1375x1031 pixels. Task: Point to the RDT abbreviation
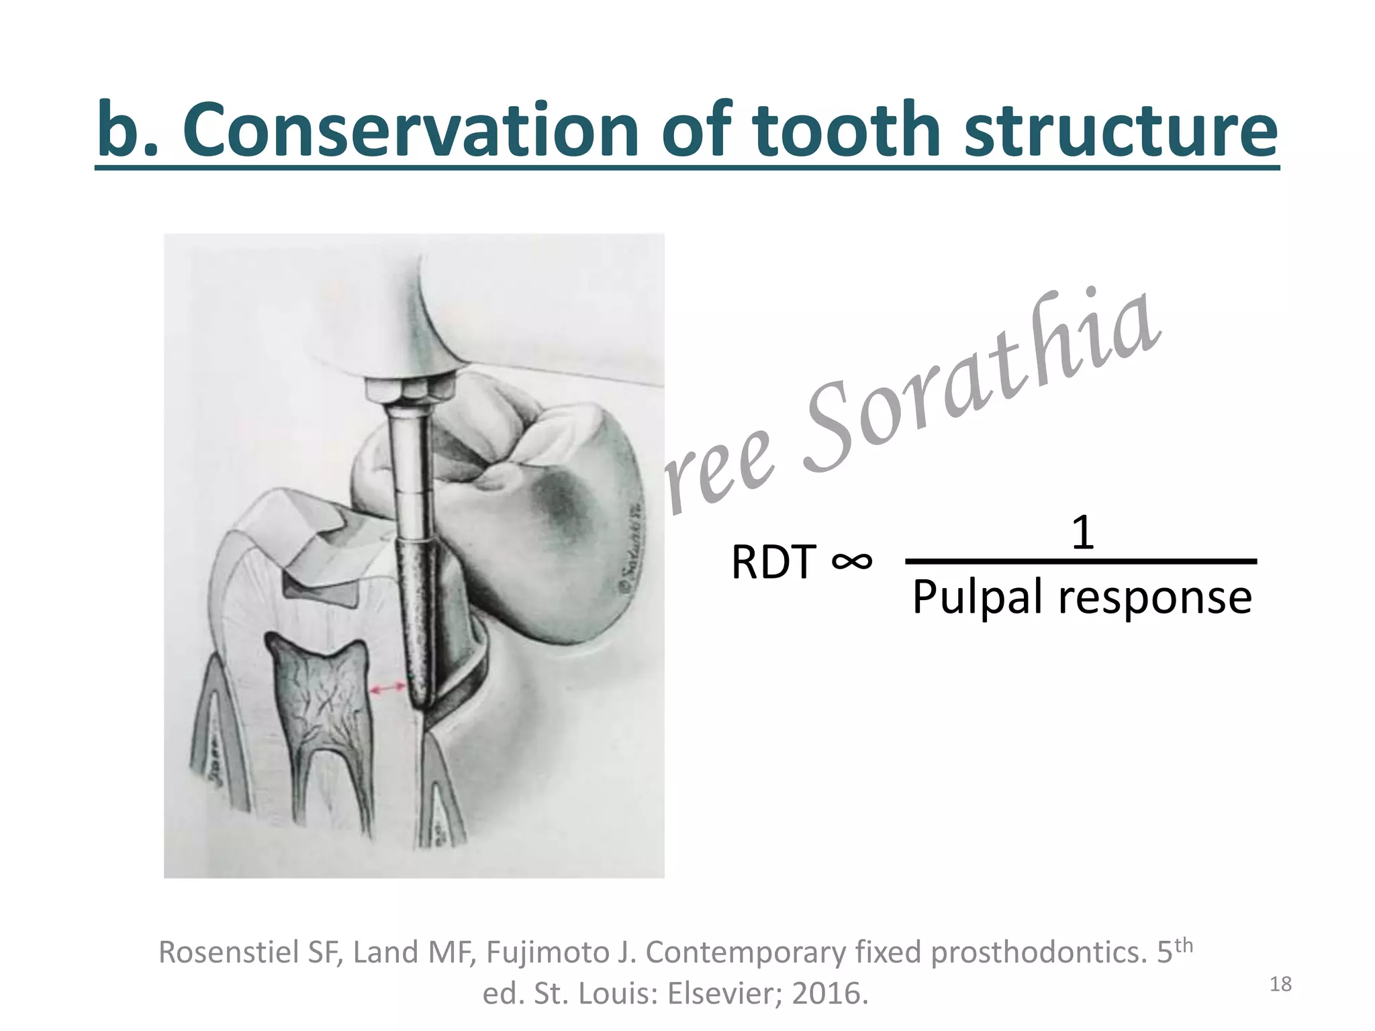tap(773, 562)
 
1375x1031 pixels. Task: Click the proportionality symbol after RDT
tap(851, 560)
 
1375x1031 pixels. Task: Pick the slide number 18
tap(1281, 984)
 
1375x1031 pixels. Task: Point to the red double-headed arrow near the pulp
tap(388, 688)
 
